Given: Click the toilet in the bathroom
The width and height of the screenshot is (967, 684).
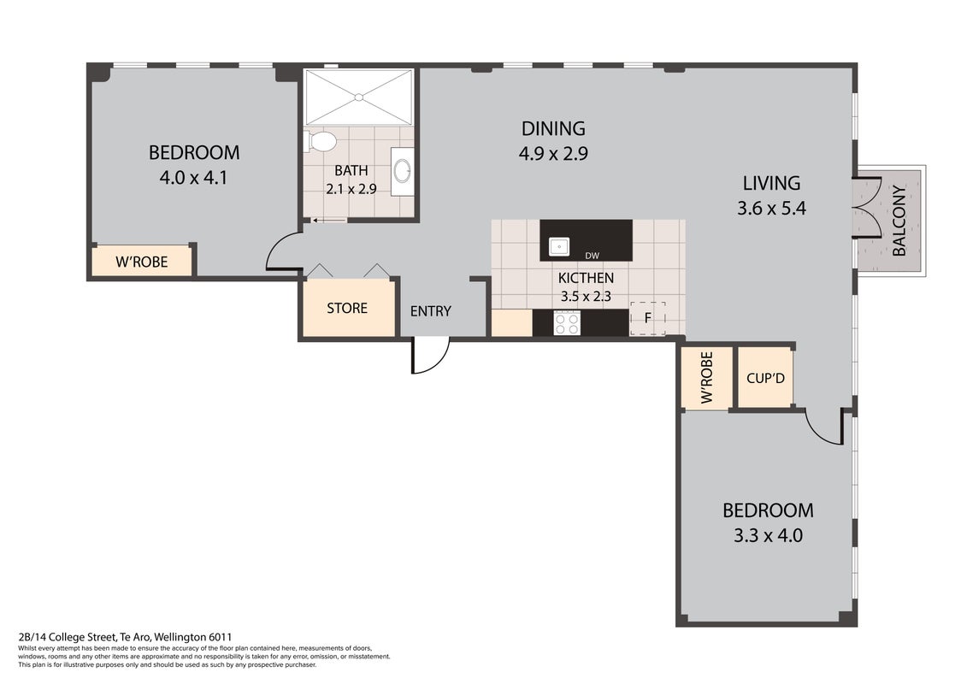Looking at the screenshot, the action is point(320,141).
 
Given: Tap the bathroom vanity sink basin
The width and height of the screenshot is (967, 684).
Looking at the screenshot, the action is point(403,171).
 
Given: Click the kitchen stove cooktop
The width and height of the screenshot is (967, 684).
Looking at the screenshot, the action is point(567,322).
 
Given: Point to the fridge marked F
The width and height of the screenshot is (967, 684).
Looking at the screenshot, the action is point(647,318).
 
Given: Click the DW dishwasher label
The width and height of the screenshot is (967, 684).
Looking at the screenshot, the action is point(592,256).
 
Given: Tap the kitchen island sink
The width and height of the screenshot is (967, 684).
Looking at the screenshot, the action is point(558,247).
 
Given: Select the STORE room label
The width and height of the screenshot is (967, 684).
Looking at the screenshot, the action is point(347,308).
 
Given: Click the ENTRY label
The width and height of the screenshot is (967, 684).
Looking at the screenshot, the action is point(430,311).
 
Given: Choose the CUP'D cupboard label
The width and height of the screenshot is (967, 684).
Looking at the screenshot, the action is point(765,378).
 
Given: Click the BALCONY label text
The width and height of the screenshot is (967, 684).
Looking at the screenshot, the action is point(899,221).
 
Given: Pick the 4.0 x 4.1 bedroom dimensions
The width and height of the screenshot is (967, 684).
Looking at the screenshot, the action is point(193,178).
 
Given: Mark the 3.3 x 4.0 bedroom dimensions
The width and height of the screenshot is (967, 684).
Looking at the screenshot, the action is point(768,535).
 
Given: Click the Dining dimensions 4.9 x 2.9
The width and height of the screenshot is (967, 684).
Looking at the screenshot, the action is point(553,153).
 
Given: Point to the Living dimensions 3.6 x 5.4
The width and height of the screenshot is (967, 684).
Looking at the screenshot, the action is point(771,209).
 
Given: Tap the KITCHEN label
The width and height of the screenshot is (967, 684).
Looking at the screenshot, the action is point(586,278).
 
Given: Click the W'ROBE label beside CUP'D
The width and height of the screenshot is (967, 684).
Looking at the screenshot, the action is point(707,377).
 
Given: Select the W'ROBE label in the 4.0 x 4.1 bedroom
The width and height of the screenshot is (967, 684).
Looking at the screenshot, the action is point(142,262).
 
